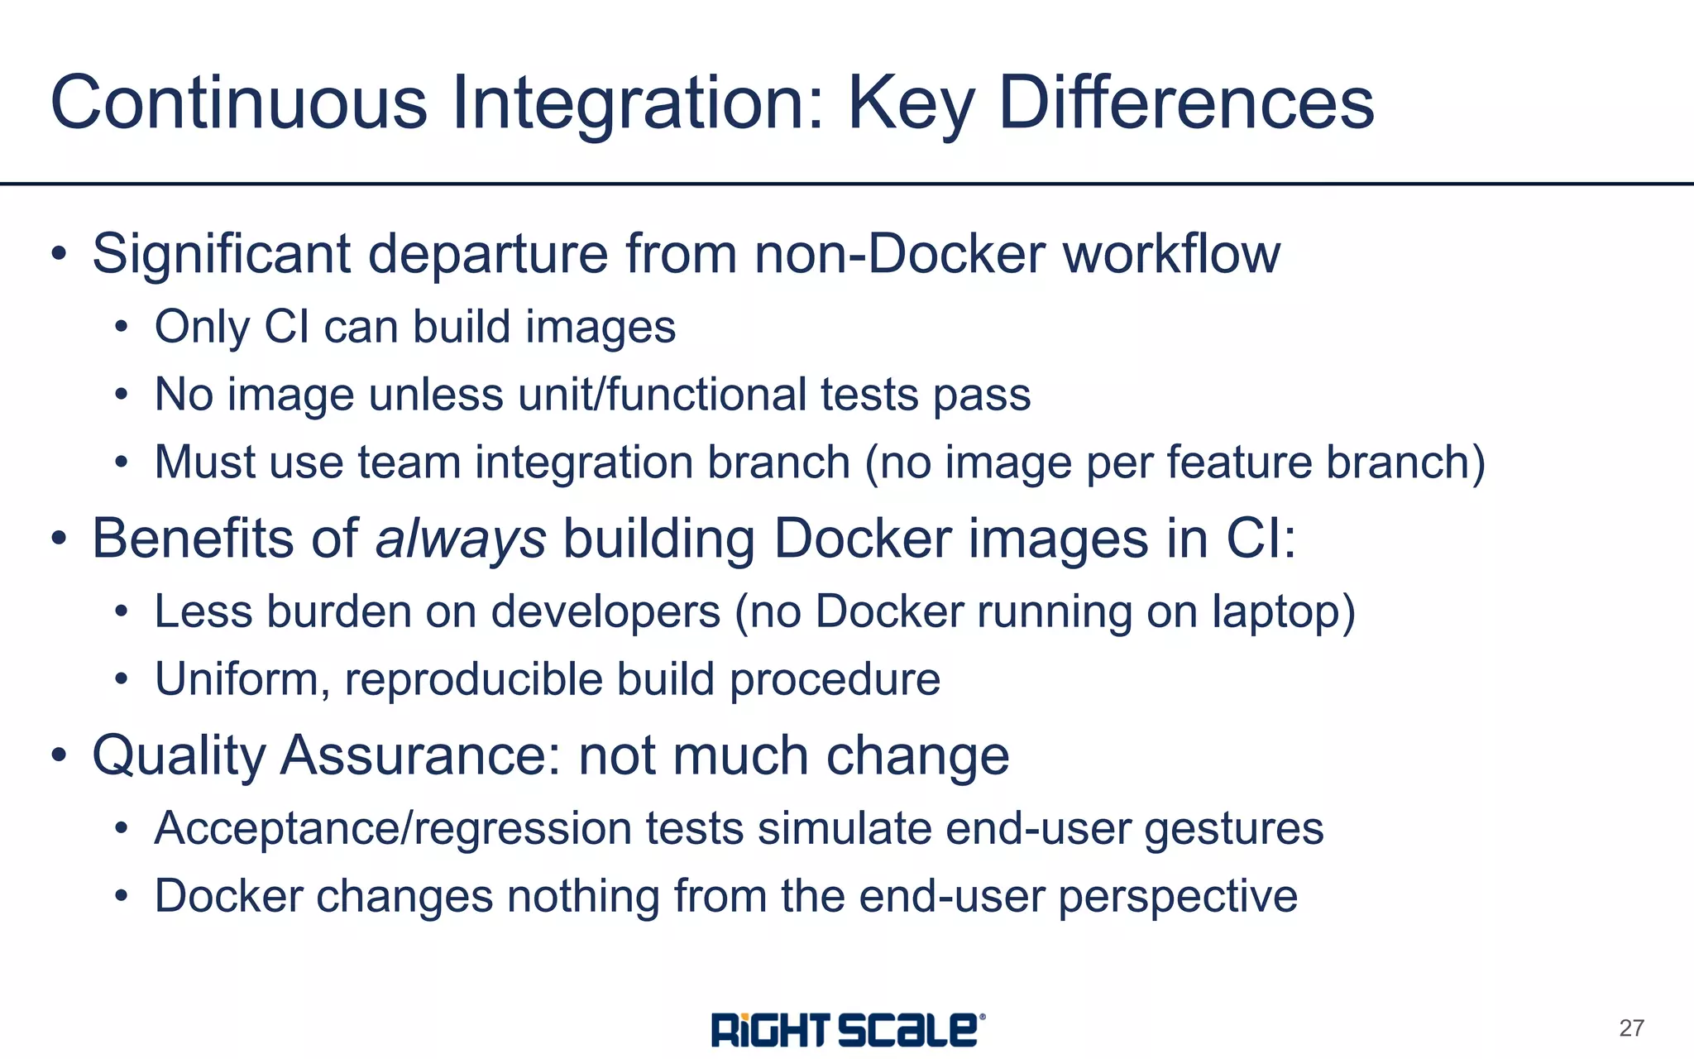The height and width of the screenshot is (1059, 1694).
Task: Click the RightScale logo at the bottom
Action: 848,1030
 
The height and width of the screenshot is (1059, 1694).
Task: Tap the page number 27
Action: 1631,1028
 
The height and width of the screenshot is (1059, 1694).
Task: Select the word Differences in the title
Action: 1186,103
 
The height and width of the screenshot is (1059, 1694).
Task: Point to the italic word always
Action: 461,539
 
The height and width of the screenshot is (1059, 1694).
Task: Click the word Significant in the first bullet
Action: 221,254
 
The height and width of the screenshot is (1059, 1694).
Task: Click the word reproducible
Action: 473,680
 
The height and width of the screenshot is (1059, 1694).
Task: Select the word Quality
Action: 178,756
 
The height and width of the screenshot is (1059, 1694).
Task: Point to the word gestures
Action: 1233,829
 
